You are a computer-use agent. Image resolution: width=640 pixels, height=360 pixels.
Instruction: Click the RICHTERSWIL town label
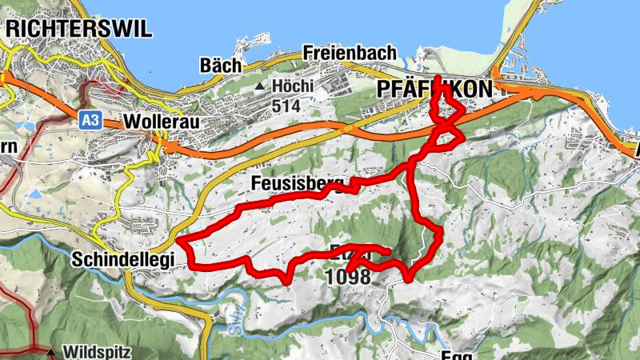coord(78,29)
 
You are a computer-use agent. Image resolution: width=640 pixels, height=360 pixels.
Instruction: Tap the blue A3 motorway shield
coord(90,120)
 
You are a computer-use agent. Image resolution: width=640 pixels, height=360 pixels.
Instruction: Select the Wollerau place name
coord(161,122)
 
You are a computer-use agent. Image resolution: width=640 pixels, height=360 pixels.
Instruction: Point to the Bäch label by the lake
coord(220,65)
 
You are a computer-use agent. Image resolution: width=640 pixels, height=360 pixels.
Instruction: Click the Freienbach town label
coord(350,53)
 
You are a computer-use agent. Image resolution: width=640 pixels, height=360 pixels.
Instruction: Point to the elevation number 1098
coord(348,278)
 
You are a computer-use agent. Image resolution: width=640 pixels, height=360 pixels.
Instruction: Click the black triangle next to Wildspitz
coord(51,352)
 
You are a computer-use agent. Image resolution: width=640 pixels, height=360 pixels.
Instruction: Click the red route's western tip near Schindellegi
coord(180,240)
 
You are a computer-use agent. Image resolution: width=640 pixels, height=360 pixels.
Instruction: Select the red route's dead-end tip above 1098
coord(387,253)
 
